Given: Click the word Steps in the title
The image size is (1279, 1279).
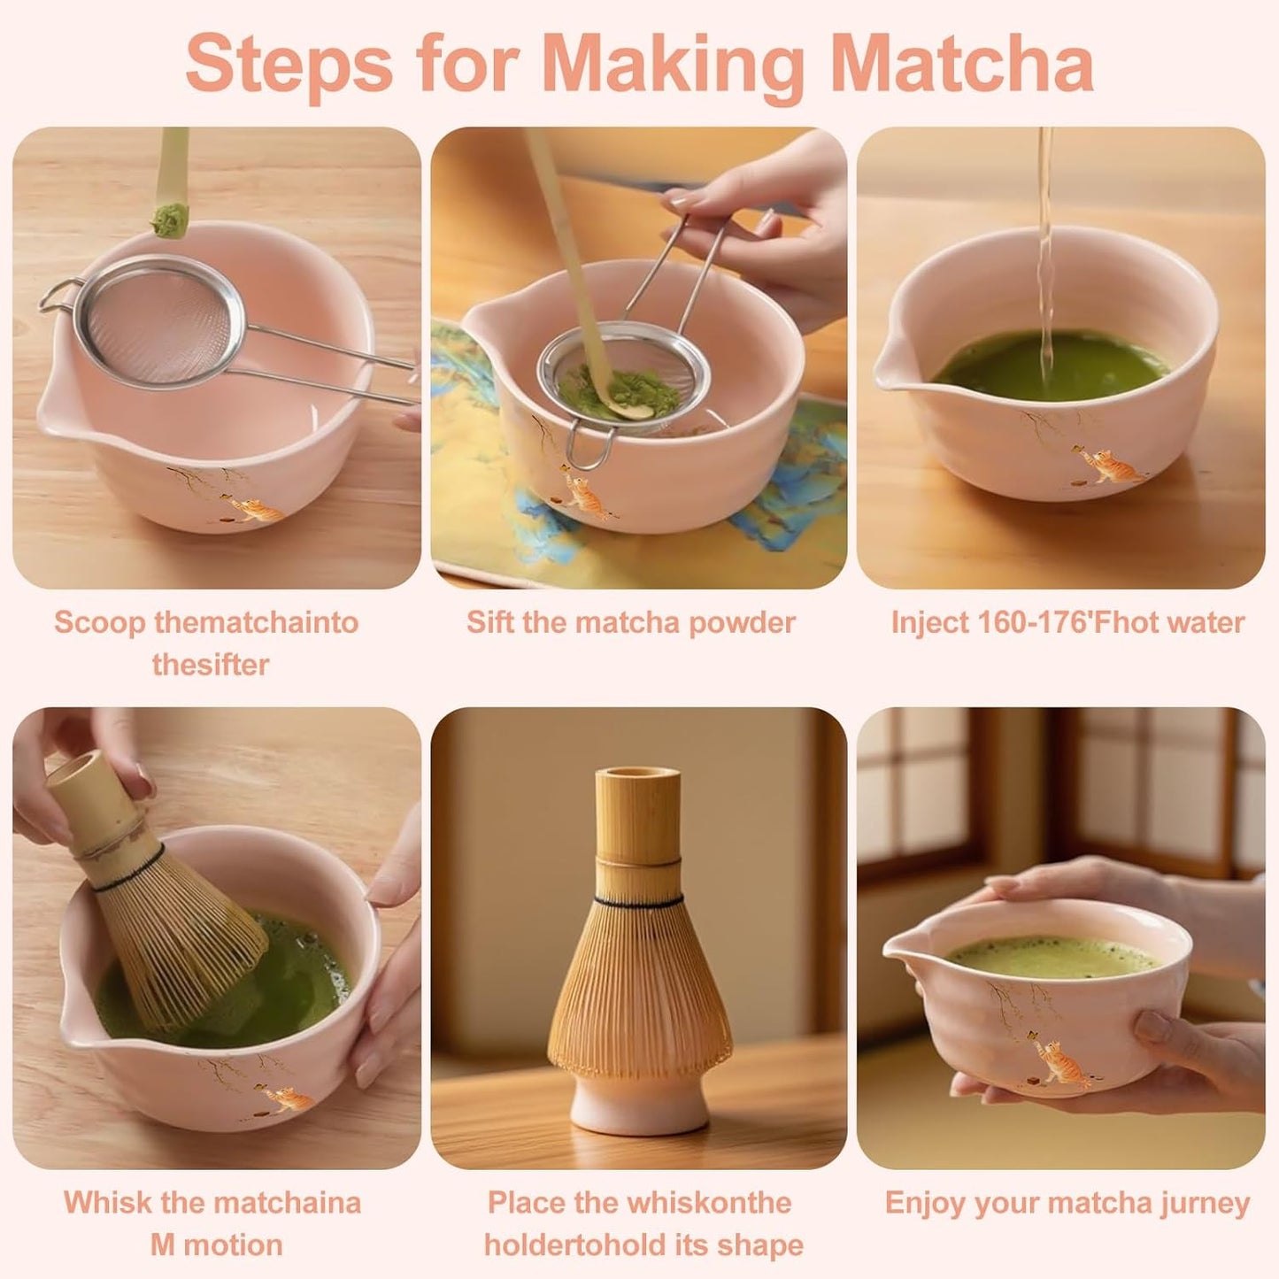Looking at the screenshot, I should click(289, 64).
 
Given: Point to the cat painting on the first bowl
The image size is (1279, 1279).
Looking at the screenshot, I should click(257, 509).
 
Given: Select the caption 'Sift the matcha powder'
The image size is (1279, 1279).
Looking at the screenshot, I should click(630, 622).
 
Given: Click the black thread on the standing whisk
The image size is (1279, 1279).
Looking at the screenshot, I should click(638, 901).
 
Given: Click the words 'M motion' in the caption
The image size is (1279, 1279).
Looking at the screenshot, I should click(215, 1244).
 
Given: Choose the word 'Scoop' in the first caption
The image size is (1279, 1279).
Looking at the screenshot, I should click(99, 622).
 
